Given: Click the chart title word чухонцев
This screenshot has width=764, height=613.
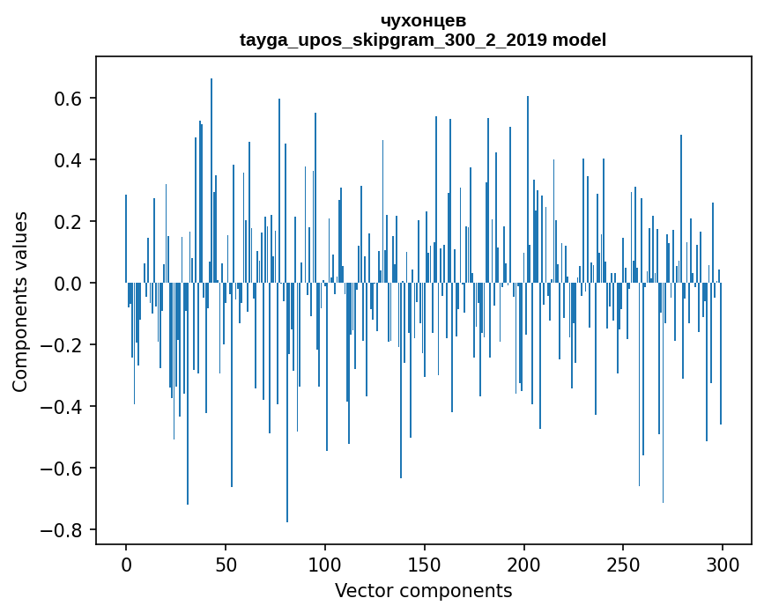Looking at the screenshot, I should tap(423, 20).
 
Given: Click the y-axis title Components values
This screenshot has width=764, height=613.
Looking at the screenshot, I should tap(20, 301).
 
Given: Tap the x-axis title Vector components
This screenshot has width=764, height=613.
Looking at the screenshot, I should tap(423, 590).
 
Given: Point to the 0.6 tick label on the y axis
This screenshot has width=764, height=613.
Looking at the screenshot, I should tap(68, 99).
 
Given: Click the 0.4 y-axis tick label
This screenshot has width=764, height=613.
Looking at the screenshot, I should tap(68, 160).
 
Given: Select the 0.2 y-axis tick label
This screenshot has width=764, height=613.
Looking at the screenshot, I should tap(68, 222).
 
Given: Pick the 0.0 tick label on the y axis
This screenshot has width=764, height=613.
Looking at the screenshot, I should tap(68, 284).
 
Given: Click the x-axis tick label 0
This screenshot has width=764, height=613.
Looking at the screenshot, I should tap(126, 563).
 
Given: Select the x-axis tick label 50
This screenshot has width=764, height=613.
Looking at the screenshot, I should tap(226, 563).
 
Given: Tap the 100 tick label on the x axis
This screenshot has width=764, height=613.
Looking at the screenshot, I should tap(325, 563).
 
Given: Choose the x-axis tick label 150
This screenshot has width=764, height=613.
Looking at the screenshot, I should tap(425, 563).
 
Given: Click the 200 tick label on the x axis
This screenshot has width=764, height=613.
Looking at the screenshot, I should tap(524, 563).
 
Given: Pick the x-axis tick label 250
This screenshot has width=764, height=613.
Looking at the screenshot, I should tap(624, 563).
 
